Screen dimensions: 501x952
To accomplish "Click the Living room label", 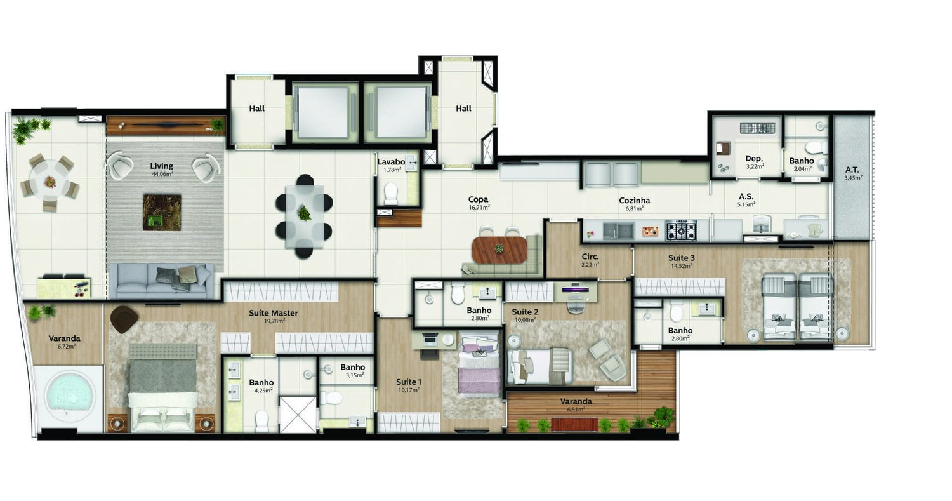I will point(162,166).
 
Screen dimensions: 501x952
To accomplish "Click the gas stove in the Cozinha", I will point(680,229).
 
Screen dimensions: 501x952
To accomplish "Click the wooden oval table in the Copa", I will point(500,250).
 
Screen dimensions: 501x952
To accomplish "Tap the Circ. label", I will point(590,257).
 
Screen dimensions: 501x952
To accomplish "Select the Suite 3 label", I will point(681,258).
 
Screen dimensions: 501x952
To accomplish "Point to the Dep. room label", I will point(753,159).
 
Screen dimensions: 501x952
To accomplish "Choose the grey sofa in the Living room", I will point(161,281).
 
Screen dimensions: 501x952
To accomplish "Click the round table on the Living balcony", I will point(50,182).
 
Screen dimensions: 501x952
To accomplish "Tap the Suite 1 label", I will point(408,382).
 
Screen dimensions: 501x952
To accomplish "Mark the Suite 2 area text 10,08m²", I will point(525,319).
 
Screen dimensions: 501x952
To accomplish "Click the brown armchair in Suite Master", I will point(125,317).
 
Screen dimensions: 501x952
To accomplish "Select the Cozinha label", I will point(634,201).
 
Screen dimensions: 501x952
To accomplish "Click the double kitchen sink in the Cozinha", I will point(618,230).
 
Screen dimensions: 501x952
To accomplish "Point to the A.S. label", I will point(746,197).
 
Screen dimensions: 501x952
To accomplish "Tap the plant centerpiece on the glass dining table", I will point(305,213).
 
